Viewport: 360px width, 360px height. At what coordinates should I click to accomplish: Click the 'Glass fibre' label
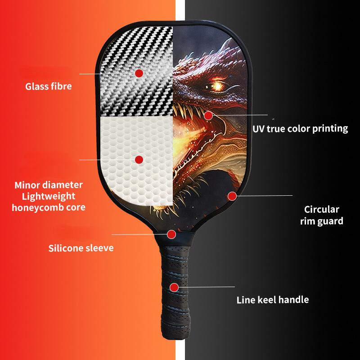[x=48, y=86]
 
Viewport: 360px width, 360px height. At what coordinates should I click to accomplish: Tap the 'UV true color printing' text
[x=300, y=129]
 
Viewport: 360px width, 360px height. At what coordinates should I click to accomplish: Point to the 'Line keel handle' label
[x=273, y=300]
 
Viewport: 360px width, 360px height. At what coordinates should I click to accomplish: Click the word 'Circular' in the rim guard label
[x=321, y=209]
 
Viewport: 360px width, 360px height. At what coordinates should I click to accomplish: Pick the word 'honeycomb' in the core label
[x=36, y=208]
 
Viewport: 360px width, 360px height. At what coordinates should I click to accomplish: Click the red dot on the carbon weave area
[x=139, y=72]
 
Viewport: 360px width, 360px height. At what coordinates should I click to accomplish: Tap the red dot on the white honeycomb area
[x=139, y=159]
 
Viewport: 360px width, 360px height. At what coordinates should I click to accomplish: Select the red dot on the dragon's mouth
[x=208, y=116]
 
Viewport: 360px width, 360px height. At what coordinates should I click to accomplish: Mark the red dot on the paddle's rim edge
[x=232, y=196]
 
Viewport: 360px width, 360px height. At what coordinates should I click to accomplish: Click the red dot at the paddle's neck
[x=171, y=234]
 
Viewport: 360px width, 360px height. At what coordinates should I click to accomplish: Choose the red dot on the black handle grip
[x=173, y=287]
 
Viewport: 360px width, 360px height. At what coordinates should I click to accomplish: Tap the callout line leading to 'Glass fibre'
[x=108, y=73]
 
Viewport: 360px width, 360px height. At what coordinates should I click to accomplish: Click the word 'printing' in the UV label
[x=331, y=129]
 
